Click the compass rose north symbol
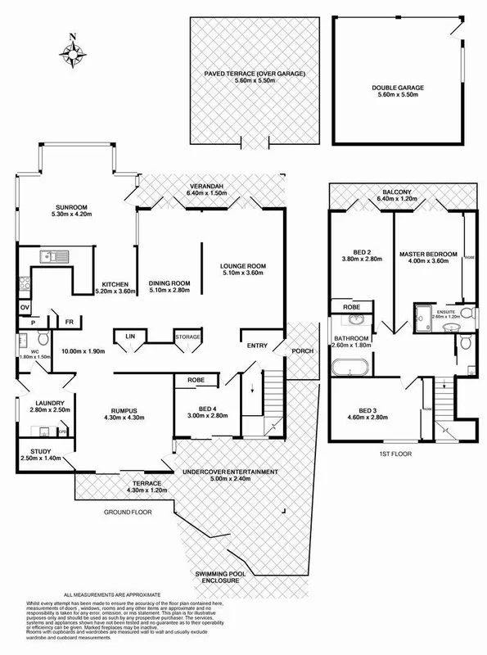click(x=73, y=53)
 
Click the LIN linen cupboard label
click(x=129, y=337)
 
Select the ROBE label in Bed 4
click(x=196, y=380)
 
